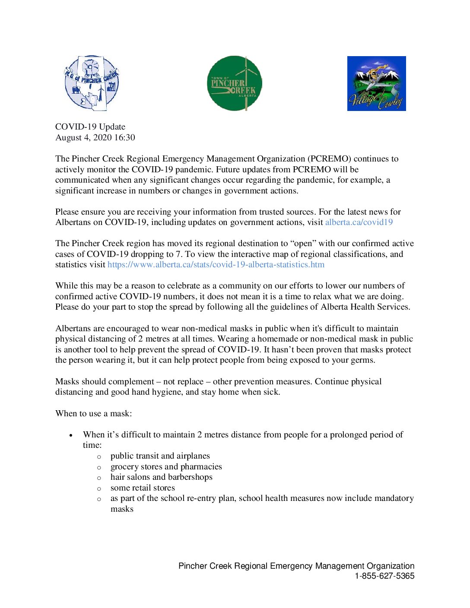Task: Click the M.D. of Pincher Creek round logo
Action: (x=92, y=83)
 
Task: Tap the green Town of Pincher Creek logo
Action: (x=235, y=83)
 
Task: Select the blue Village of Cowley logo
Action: (x=376, y=83)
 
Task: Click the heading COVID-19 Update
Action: (x=90, y=127)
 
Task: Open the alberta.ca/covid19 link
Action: (x=359, y=222)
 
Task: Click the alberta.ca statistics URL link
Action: (x=216, y=264)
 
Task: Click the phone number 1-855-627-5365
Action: (x=384, y=576)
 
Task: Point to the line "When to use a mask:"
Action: (x=94, y=413)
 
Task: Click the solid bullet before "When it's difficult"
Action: (x=71, y=435)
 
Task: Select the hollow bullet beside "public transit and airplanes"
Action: (x=99, y=456)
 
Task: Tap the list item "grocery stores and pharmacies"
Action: (x=166, y=466)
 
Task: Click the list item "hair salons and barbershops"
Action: (x=161, y=477)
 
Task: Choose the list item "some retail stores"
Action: (x=143, y=488)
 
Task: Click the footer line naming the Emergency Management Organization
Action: (x=296, y=566)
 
